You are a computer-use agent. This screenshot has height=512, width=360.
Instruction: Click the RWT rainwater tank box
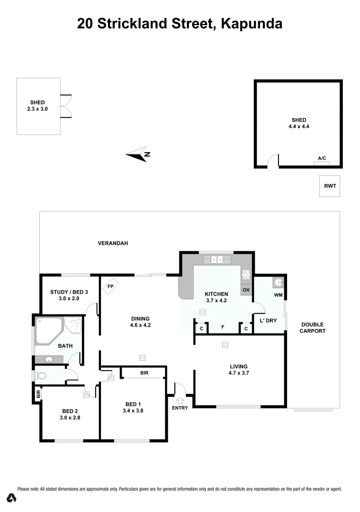coord(330,186)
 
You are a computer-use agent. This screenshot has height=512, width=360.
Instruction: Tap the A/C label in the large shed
coord(322,158)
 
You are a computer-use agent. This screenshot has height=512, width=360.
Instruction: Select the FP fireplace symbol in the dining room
coord(111,287)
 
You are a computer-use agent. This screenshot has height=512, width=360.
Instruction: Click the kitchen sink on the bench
coord(217,260)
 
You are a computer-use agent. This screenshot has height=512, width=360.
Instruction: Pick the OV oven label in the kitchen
coord(246,290)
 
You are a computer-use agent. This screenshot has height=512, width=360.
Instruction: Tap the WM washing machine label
coord(279,295)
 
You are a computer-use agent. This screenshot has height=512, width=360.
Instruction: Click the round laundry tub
coord(278,283)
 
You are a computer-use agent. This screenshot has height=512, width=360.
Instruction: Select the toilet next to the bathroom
coord(41,376)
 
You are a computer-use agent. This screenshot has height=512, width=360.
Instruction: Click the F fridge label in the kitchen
coord(223,328)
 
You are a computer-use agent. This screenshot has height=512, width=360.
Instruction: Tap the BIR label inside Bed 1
coord(144,373)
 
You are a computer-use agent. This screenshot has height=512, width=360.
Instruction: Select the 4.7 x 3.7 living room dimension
coord(239,373)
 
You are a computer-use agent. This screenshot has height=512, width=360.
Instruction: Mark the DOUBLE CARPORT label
coord(313,328)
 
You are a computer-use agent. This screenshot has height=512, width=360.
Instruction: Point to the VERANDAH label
coord(113,243)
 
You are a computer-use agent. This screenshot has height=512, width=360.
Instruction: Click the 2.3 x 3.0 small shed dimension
coord(37,109)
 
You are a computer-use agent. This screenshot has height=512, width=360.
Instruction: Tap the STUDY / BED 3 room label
coord(69,292)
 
